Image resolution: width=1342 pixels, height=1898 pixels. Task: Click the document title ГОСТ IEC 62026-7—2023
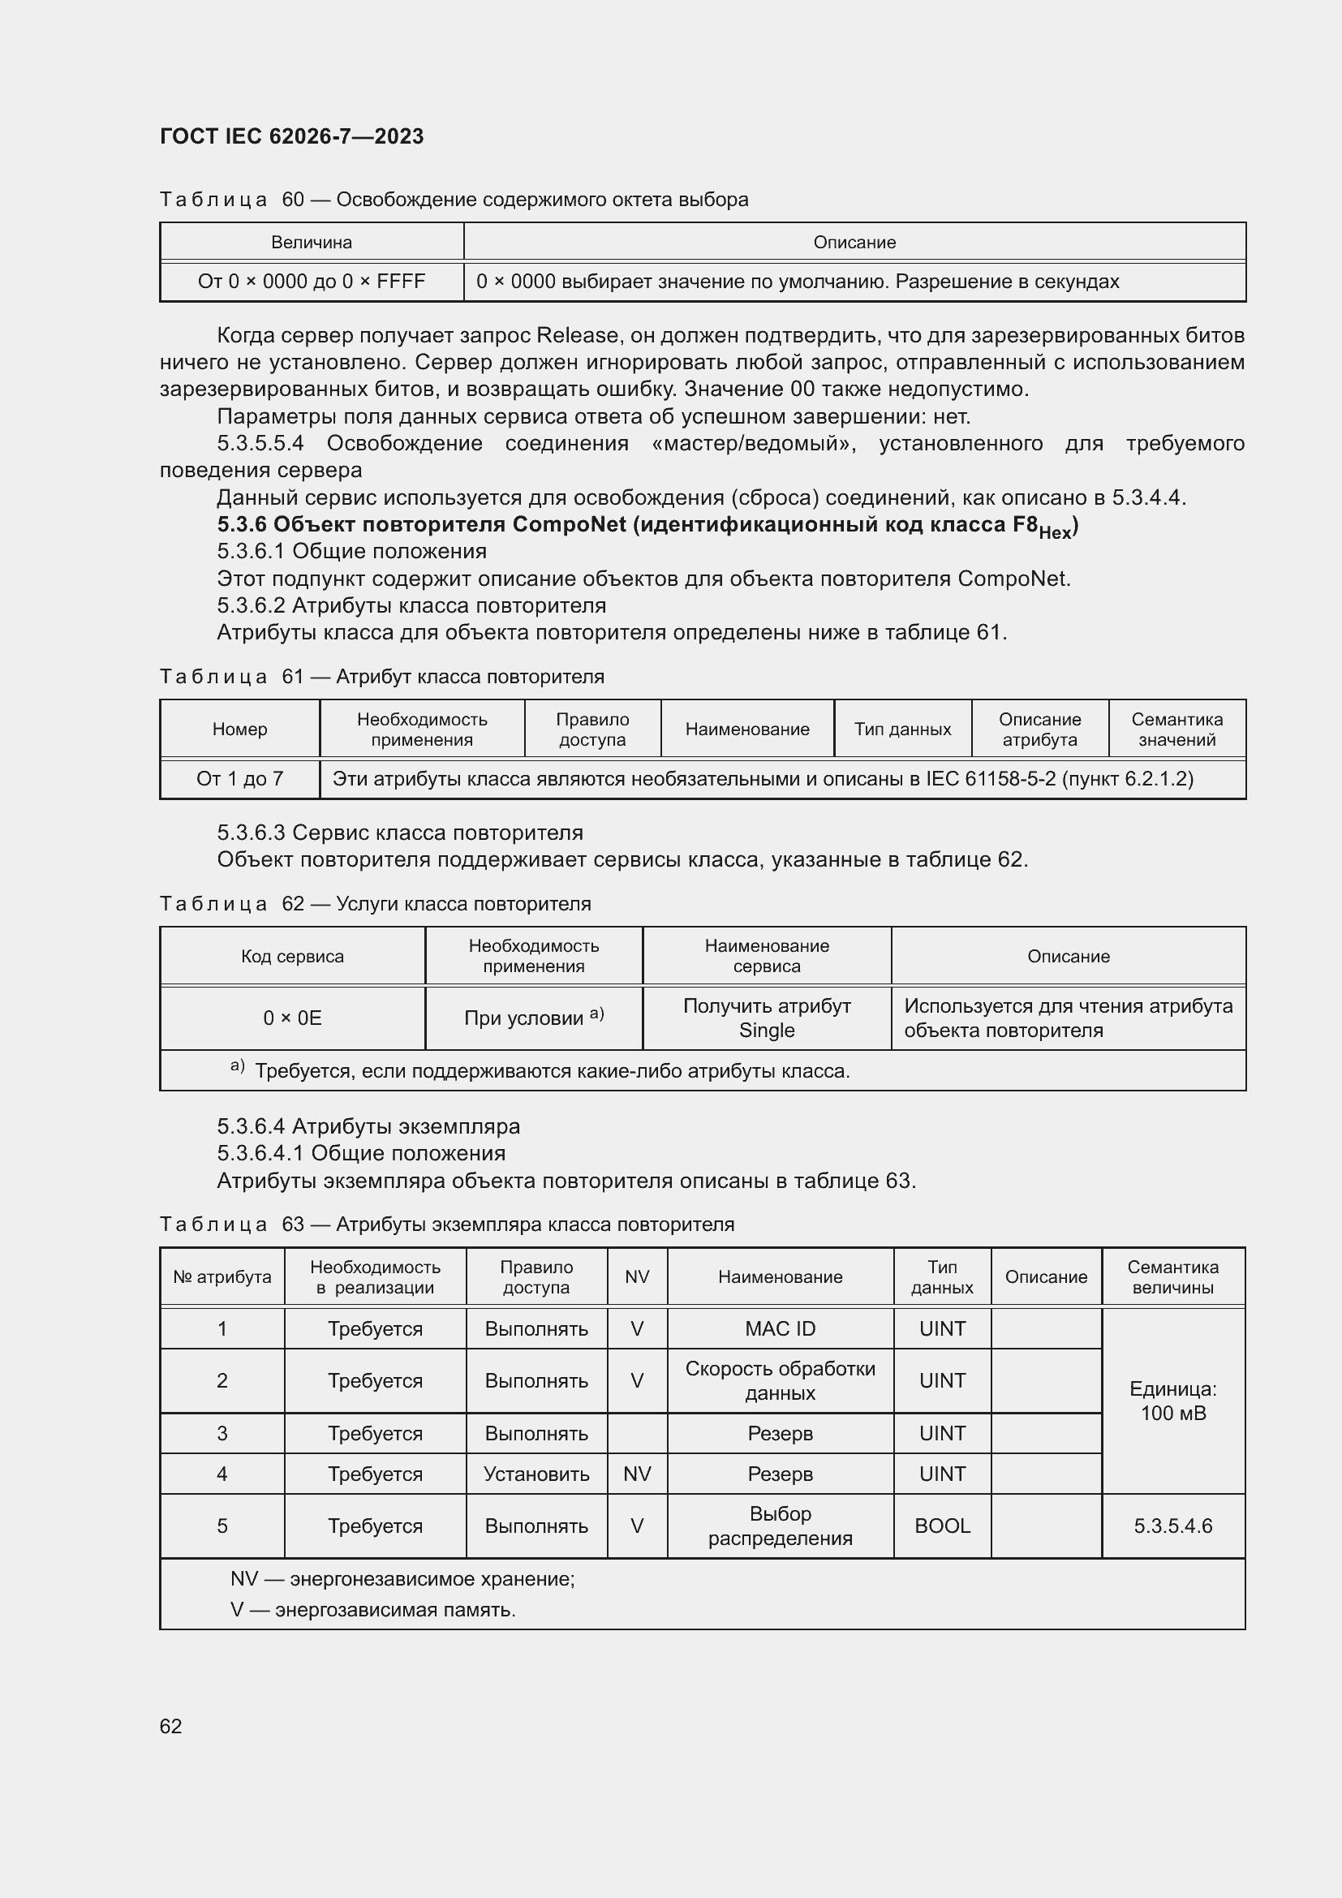tap(291, 136)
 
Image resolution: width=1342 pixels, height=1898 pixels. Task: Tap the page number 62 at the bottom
tap(171, 1726)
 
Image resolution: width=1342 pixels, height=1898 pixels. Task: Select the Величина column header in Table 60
tap(312, 242)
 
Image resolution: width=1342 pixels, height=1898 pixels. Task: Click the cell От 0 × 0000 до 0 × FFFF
tap(312, 282)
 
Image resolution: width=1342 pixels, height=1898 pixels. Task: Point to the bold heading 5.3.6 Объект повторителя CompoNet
tap(647, 526)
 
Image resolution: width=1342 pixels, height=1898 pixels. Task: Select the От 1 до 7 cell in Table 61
tap(239, 779)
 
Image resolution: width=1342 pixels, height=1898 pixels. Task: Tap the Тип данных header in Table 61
tap(902, 730)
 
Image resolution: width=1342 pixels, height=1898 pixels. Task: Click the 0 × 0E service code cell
tap(293, 1018)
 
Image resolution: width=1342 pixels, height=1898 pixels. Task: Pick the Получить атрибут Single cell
tap(766, 1018)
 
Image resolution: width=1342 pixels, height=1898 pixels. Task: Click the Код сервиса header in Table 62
tap(293, 957)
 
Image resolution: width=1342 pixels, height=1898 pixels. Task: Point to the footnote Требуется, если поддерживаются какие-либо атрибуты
tap(551, 1071)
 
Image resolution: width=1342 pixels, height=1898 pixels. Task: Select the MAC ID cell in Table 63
tap(779, 1328)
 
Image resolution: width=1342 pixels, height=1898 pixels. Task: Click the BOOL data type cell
tap(942, 1526)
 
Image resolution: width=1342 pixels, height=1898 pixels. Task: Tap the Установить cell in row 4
tap(536, 1474)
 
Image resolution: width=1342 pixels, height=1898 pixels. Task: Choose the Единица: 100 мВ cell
tap(1172, 1401)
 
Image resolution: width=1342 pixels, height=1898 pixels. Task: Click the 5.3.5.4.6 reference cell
tap(1172, 1526)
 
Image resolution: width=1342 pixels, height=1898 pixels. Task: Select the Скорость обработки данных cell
tap(779, 1380)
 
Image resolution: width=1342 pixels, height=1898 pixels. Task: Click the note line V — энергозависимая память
tap(372, 1609)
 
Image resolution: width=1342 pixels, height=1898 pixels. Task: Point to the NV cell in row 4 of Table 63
tap(637, 1474)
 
